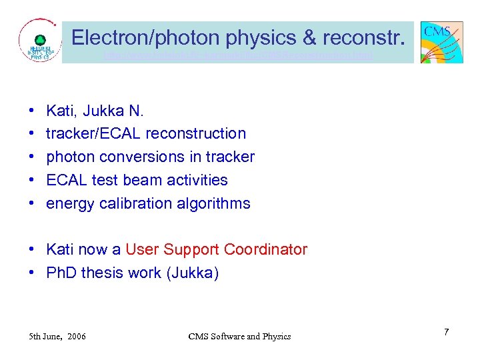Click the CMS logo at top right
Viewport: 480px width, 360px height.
point(441,41)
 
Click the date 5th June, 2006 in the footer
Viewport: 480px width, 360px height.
point(57,336)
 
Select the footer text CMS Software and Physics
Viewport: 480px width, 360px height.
point(239,336)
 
